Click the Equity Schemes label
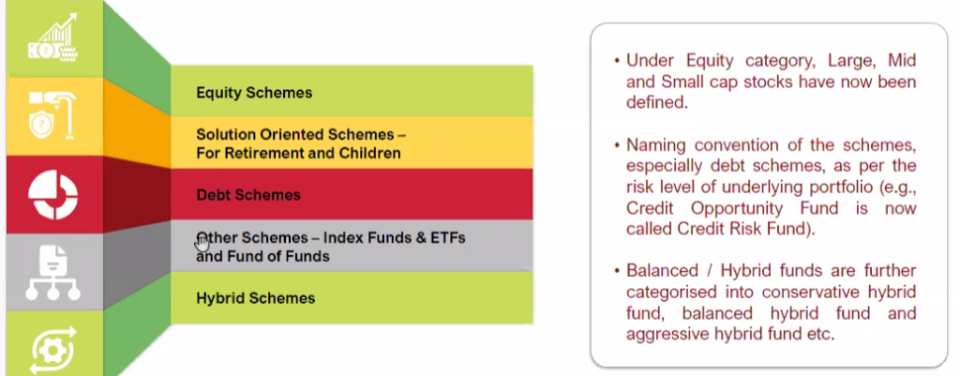point(254,93)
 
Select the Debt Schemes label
point(248,195)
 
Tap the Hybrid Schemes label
point(256,298)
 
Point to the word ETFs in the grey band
point(448,237)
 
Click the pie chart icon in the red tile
point(52,195)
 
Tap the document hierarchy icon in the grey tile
point(52,273)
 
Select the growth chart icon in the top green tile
point(52,38)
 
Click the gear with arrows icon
point(52,352)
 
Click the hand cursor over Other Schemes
point(202,243)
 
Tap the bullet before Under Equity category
point(617,61)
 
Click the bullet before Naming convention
point(617,145)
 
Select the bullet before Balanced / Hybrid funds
point(617,271)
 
